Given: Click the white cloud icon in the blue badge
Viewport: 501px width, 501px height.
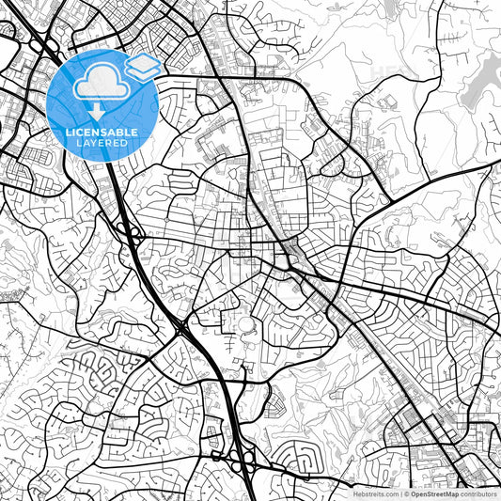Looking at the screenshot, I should click(x=101, y=84).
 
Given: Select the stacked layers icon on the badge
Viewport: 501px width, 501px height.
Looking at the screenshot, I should click(x=142, y=67).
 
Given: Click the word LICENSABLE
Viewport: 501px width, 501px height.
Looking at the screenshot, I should click(x=102, y=131).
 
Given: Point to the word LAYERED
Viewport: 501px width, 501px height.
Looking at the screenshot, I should click(x=102, y=142).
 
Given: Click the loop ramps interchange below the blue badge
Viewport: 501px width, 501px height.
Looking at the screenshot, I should click(x=132, y=235).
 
